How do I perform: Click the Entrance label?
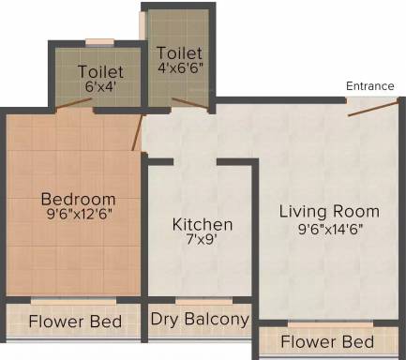tap(370, 86)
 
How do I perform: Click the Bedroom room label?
tap(79, 199)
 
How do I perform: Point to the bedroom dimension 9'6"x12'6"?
tap(79, 215)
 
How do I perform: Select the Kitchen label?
tap(203, 224)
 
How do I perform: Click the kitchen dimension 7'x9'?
tap(202, 240)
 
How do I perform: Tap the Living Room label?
tap(329, 211)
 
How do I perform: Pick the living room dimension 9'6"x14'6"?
tap(330, 230)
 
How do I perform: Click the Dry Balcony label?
tap(200, 320)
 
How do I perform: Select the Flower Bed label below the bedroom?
tap(75, 322)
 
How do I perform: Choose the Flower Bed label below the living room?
tap(327, 341)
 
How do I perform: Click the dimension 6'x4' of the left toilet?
tap(101, 86)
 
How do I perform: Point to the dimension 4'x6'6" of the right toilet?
tap(180, 67)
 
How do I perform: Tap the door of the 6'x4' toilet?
tap(74, 104)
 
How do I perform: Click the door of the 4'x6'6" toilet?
tap(190, 104)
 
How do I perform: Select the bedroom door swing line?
tap(138, 133)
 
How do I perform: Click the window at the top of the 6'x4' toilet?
tap(99, 42)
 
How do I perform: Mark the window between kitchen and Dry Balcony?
tap(203, 301)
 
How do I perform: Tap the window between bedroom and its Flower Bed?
tap(73, 301)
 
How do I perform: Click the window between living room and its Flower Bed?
tap(330, 324)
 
